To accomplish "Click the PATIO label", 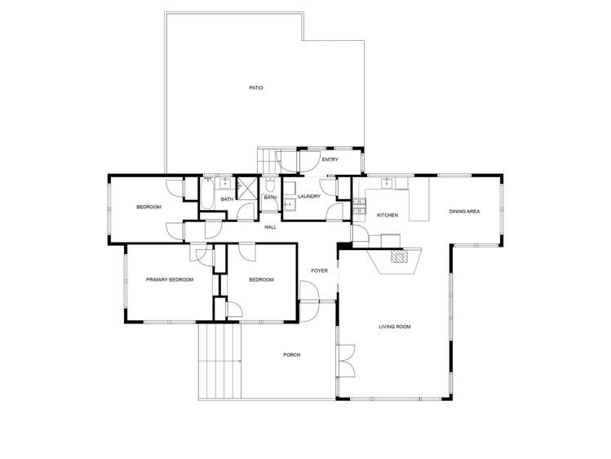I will click(x=256, y=87).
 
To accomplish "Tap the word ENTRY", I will click(x=330, y=159).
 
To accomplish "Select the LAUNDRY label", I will click(x=308, y=196).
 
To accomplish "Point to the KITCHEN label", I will click(x=387, y=215).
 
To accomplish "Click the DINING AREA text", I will click(x=464, y=212).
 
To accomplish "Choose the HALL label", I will click(x=270, y=227).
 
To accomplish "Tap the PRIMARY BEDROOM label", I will click(x=170, y=279).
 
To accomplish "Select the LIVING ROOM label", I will click(x=394, y=327).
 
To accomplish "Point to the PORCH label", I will click(x=291, y=354).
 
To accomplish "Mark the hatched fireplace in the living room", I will click(x=398, y=256).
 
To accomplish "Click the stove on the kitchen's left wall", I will click(x=358, y=207).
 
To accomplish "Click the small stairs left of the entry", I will click(x=268, y=159).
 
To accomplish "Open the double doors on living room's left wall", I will click(x=346, y=360).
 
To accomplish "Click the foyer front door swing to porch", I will click(x=309, y=291).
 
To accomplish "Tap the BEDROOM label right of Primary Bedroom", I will click(x=260, y=279).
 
